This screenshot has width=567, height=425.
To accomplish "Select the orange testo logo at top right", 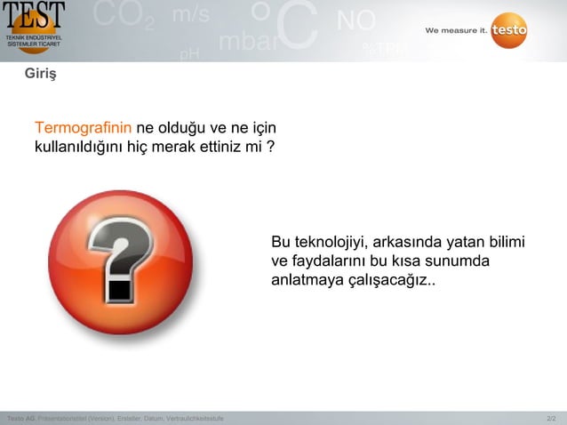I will point(508,30).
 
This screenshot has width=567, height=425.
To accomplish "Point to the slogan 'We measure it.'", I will point(455,30).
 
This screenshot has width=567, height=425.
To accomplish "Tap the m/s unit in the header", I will point(190,15).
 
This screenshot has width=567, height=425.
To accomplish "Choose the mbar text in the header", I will point(248,42).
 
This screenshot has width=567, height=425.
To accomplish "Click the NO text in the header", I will point(355,20).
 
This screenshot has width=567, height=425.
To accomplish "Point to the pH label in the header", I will point(189,54).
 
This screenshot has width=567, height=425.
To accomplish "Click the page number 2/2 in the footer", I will point(551,418).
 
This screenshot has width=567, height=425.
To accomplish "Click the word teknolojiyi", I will point(325,242).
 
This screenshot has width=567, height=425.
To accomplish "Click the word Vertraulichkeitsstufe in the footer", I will point(195,418).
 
